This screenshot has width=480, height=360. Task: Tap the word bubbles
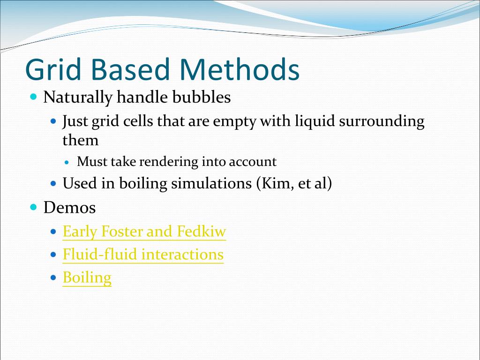tap(202, 97)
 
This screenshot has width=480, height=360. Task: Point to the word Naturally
tap(78, 97)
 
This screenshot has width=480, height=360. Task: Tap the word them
tap(81, 140)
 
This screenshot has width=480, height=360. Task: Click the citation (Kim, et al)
tap(294, 183)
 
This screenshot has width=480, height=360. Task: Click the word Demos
tap(69, 207)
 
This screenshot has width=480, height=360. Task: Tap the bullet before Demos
tap(33, 207)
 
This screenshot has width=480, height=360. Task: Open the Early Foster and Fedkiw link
tap(144, 232)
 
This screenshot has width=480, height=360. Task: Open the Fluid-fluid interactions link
tap(143, 255)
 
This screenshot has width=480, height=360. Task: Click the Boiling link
tap(87, 278)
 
